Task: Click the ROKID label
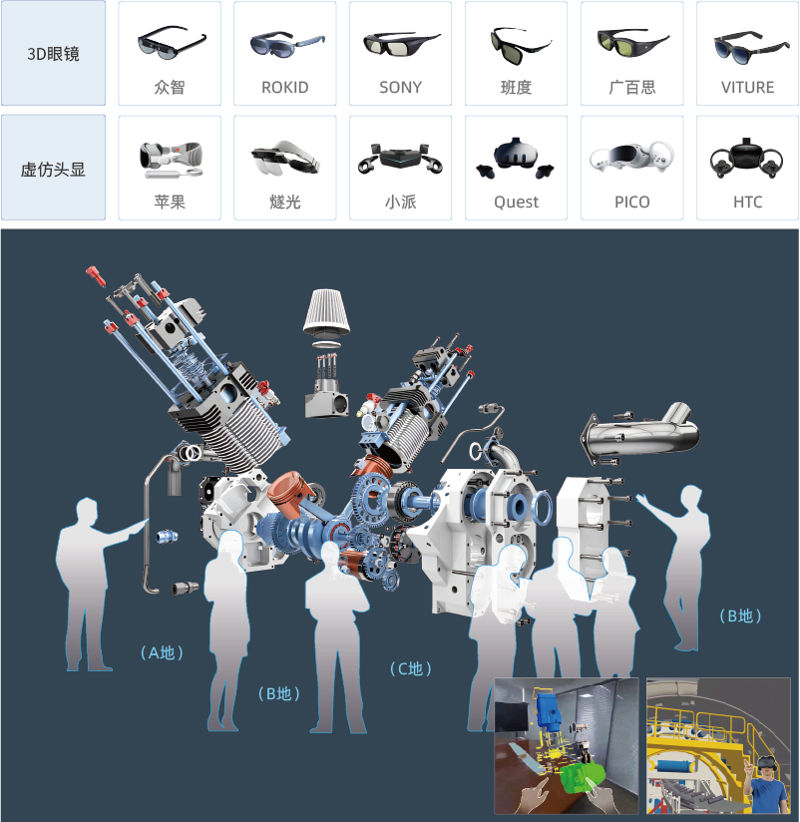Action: tap(285, 88)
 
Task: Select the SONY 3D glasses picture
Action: tap(400, 45)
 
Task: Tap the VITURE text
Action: tap(747, 88)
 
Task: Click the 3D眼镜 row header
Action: tap(53, 54)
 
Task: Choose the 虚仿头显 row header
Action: tap(53, 169)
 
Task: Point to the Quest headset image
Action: tap(516, 158)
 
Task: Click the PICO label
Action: tap(631, 203)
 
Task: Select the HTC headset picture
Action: tap(747, 159)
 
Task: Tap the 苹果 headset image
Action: tap(170, 159)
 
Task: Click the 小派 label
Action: tap(400, 203)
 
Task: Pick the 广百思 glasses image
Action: tap(631, 43)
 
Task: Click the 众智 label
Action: tap(170, 88)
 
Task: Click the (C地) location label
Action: tap(411, 669)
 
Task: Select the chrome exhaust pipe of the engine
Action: tap(638, 429)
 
